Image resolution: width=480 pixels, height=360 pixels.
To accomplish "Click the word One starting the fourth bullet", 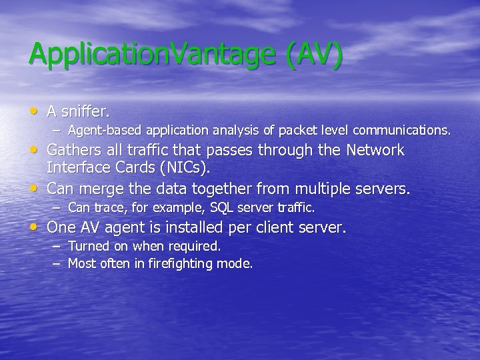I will (x=61, y=227).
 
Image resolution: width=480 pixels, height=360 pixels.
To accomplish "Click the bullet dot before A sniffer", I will (x=34, y=109).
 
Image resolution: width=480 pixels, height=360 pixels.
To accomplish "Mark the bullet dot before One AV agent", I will (x=34, y=227).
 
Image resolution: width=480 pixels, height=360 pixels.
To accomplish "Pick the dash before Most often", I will (x=57, y=264).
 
